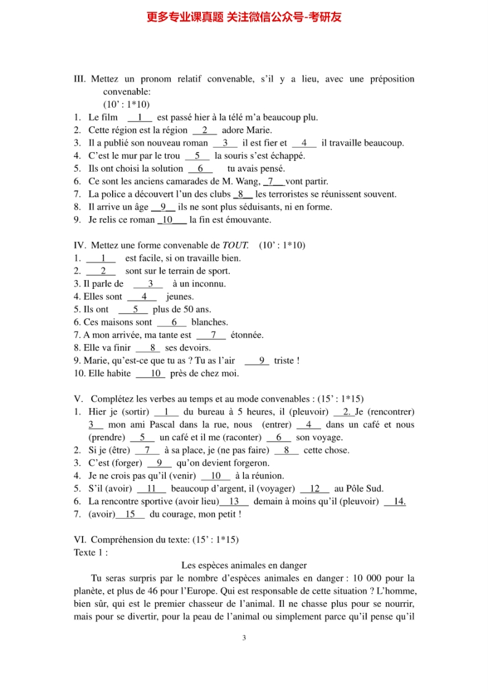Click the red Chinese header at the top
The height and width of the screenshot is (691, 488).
(x=244, y=17)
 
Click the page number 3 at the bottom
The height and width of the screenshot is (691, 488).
(x=244, y=637)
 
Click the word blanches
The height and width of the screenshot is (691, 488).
(x=209, y=322)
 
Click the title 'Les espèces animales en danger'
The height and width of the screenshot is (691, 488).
(x=244, y=565)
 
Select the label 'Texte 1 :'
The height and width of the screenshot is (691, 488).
(x=91, y=552)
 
